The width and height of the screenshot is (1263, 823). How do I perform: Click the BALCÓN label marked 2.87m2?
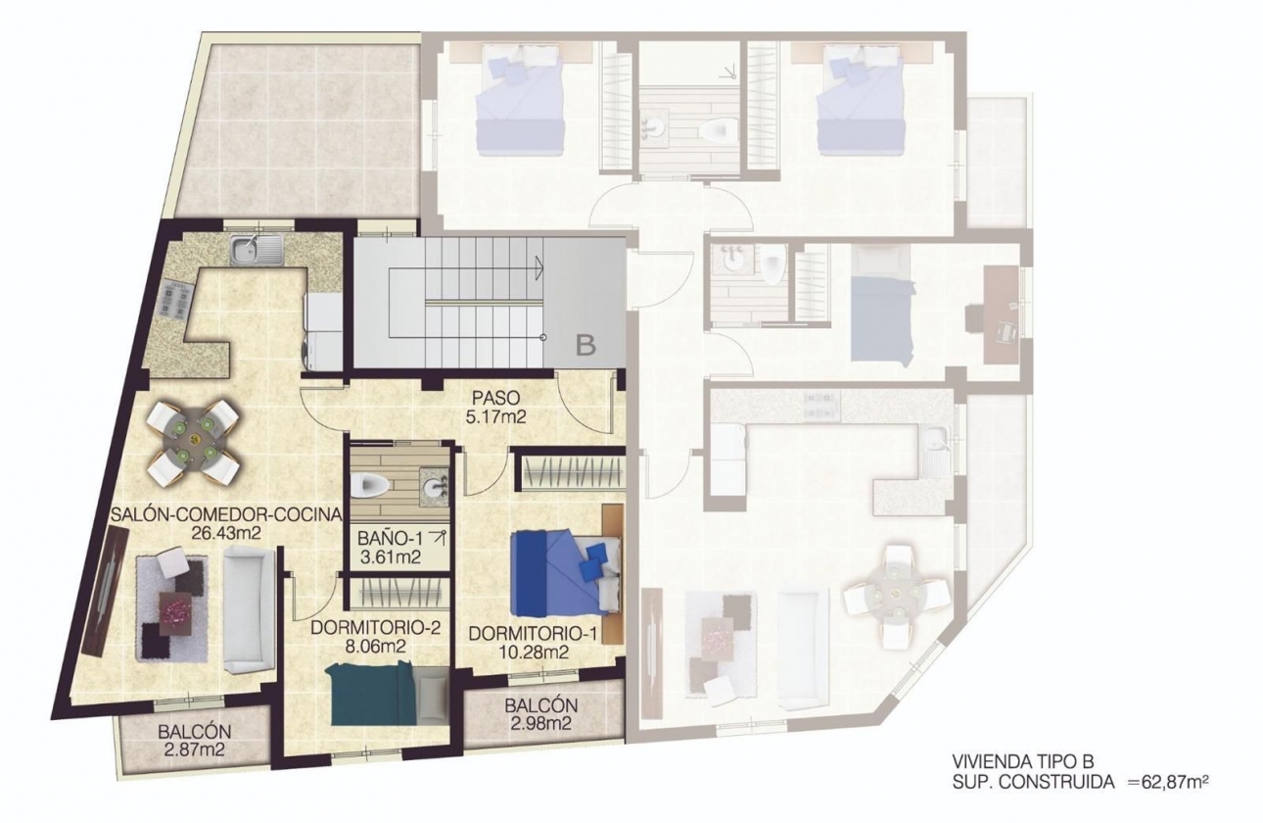[x=194, y=732]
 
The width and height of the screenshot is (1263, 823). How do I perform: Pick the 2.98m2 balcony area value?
[x=540, y=724]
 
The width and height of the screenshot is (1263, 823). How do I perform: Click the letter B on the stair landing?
[x=585, y=345]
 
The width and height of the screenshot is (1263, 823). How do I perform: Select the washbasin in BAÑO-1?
[x=432, y=482]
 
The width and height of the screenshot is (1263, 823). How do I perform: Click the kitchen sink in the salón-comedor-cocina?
[x=255, y=250]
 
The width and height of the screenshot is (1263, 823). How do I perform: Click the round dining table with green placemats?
[x=193, y=440]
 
